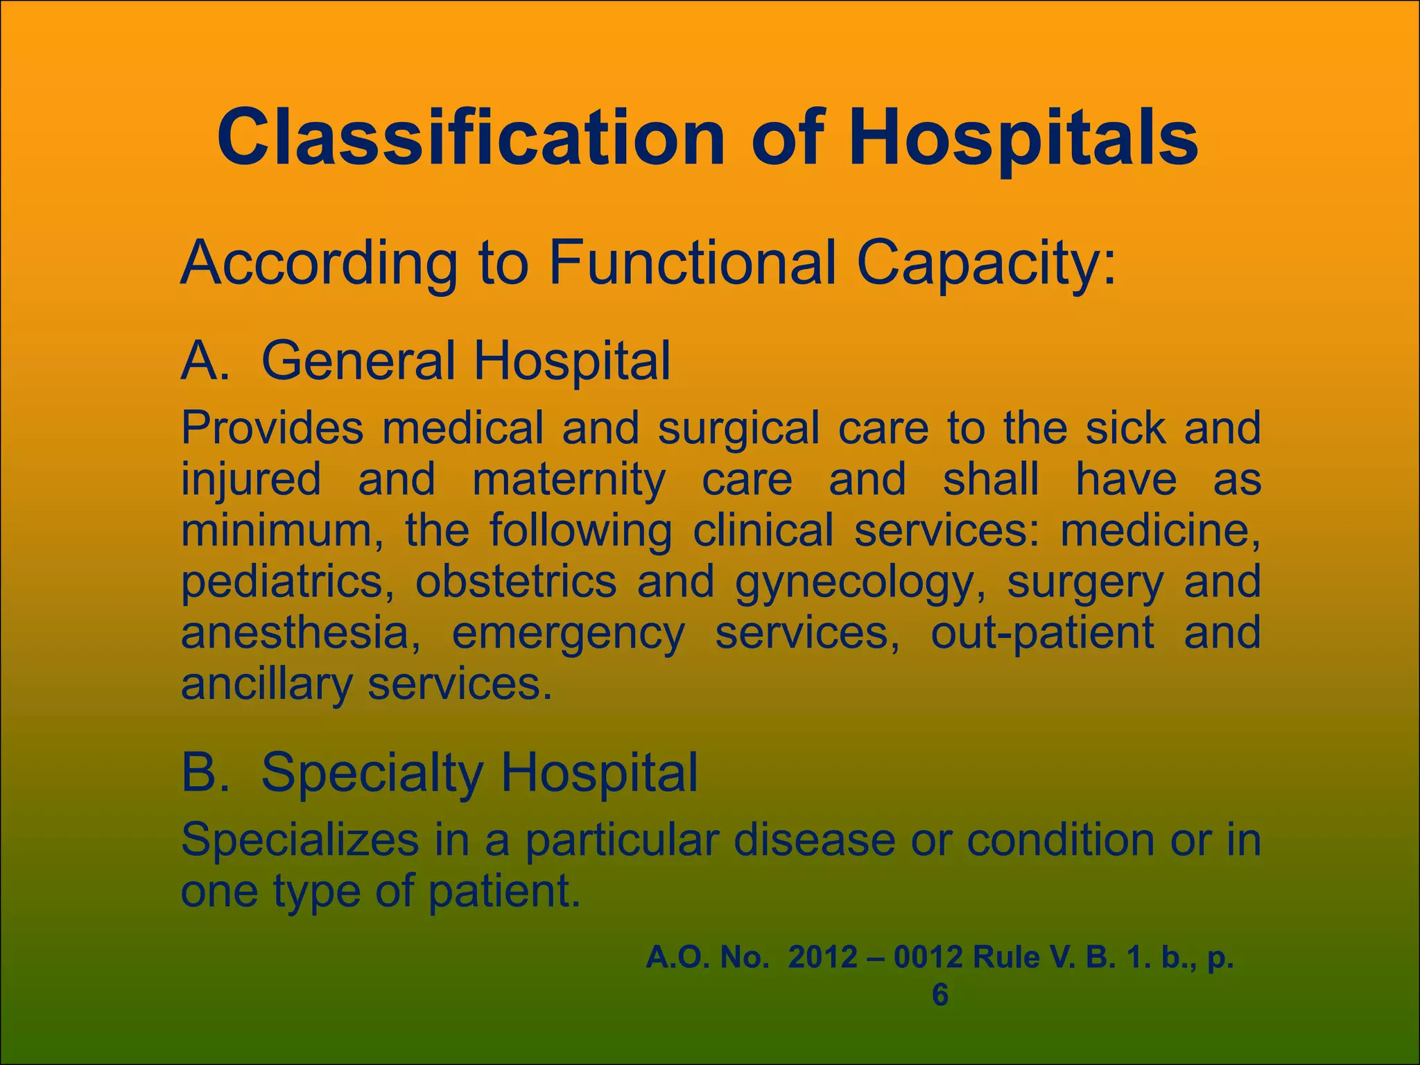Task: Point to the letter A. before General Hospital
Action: [205, 361]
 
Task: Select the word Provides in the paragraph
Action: [272, 428]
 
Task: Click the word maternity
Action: [569, 479]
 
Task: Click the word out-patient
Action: [1042, 632]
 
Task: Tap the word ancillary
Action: [266, 684]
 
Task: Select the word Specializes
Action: [300, 840]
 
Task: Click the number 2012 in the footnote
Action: [822, 958]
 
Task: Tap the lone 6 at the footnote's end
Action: [940, 995]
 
